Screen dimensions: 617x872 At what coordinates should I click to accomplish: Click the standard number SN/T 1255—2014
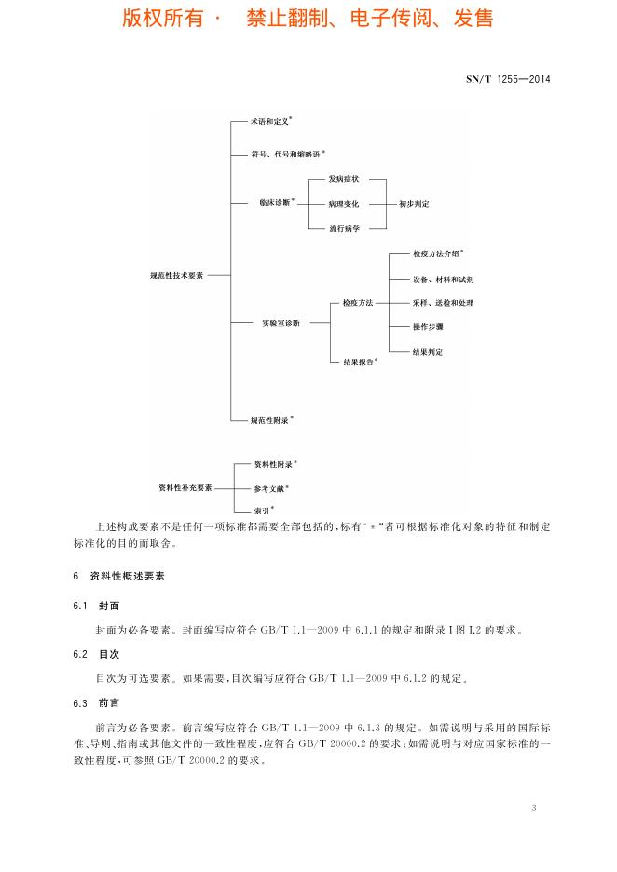[x=508, y=79]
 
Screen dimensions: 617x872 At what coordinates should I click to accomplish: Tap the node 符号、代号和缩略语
[x=285, y=154]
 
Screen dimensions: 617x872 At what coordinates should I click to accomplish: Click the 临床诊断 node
[x=277, y=202]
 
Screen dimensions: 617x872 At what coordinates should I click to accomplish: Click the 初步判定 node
[x=414, y=203]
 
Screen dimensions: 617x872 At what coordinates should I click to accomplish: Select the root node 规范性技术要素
[x=176, y=276]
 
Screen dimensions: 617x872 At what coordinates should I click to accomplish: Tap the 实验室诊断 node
[x=281, y=323]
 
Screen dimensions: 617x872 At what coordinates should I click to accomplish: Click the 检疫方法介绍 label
[x=437, y=253]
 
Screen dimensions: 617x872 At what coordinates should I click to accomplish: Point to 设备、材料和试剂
[x=444, y=279]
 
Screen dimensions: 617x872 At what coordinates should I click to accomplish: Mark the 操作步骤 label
[x=428, y=327]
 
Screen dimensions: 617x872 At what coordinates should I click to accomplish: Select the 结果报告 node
[x=357, y=361]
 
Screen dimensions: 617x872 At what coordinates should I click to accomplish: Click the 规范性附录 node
[x=271, y=420]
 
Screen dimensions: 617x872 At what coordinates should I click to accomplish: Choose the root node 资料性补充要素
[x=185, y=487]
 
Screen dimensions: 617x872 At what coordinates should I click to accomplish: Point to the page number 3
[x=534, y=807]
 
